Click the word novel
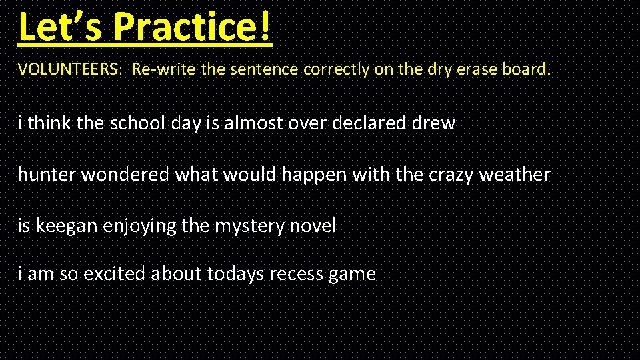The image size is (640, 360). click(313, 226)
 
